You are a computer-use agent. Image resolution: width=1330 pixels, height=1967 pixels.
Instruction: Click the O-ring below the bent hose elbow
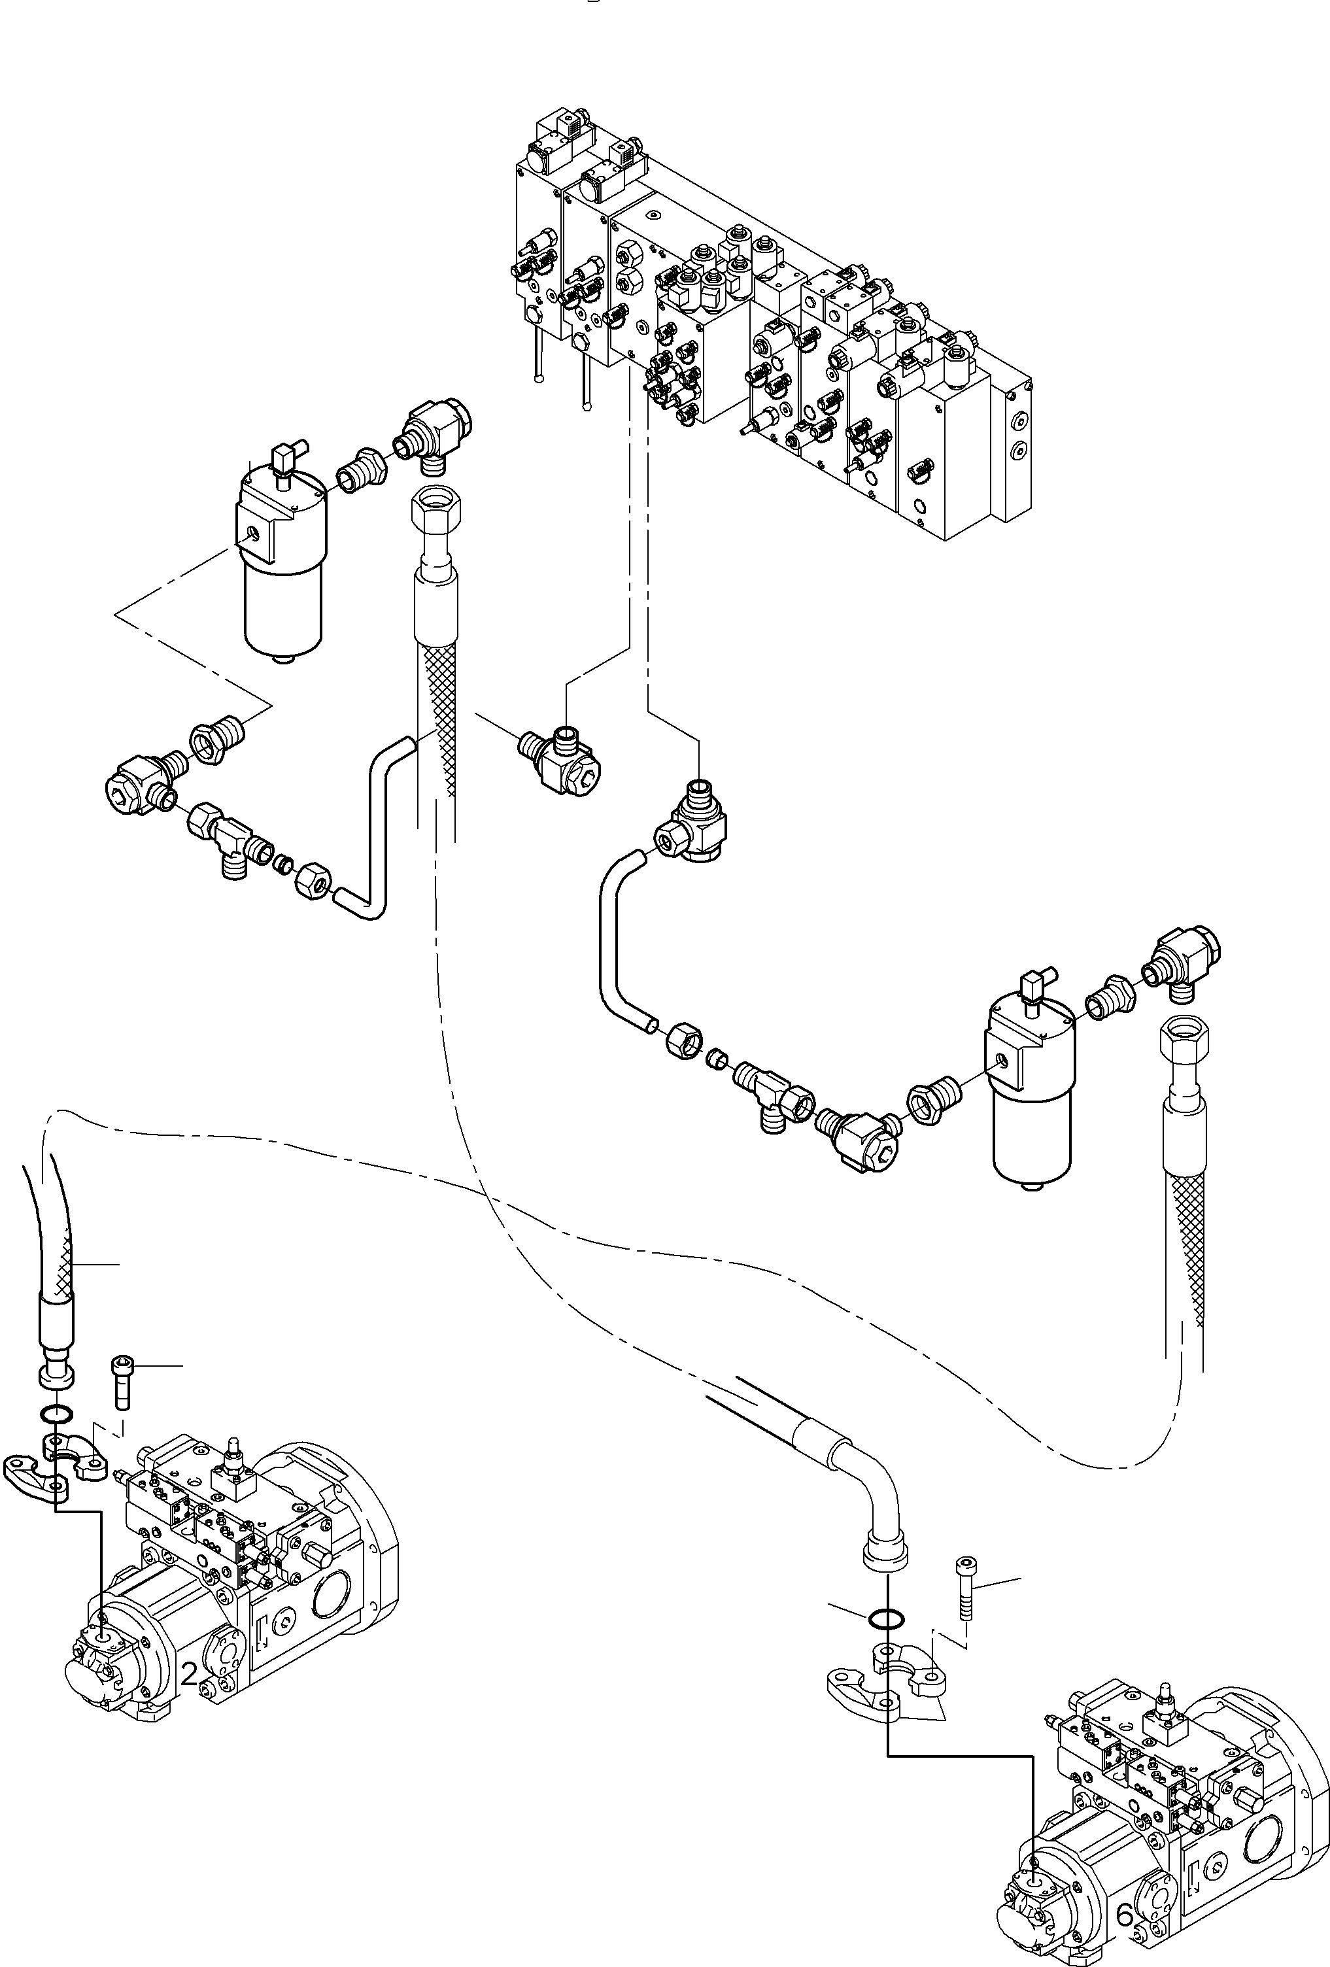point(885,1618)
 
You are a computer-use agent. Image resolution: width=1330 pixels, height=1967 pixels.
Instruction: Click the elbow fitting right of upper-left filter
point(433,431)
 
